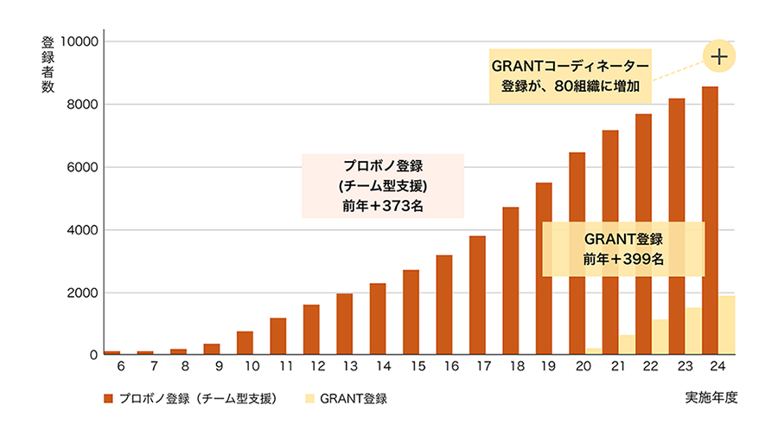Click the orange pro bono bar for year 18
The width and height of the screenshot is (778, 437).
pos(511,281)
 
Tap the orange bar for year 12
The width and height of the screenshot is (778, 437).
pos(311,330)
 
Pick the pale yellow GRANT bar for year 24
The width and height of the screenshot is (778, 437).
pos(726,325)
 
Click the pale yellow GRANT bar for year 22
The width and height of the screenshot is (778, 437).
pos(660,337)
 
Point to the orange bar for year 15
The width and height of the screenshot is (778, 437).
pos(411,312)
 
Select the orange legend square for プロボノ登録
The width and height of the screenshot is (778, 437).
pos(108,399)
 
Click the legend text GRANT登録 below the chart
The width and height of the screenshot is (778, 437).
pos(353,399)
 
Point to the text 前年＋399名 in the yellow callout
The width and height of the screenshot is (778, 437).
pos(623,260)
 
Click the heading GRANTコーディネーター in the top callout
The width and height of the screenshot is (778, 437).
pos(570,66)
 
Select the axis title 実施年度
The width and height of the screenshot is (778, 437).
pos(712,398)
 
